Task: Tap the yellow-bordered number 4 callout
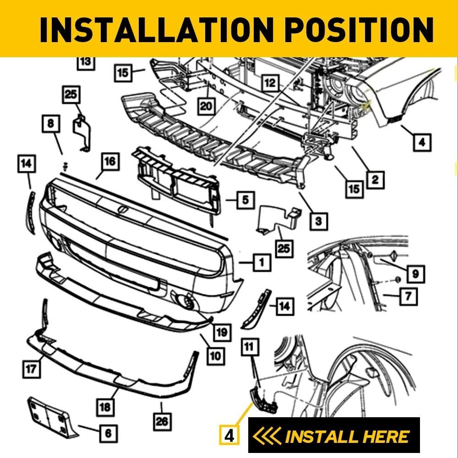tap(230, 435)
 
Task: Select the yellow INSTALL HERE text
tap(346, 436)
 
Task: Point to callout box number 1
tap(262, 262)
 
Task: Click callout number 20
tap(207, 106)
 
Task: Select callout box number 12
tap(271, 83)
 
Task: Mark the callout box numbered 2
tap(375, 180)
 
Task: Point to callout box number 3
tap(319, 221)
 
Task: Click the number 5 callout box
tap(245, 200)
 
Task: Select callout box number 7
tap(408, 296)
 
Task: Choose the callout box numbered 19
tap(221, 333)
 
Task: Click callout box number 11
tap(249, 348)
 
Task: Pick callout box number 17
tap(31, 369)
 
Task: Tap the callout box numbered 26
tap(162, 421)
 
